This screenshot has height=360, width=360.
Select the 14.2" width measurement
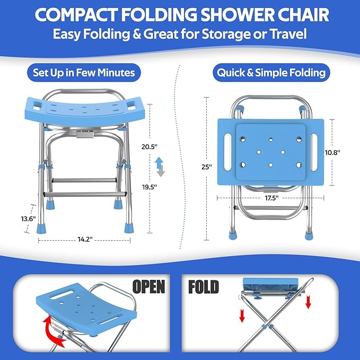[84, 239]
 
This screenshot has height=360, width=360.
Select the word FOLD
[204, 287]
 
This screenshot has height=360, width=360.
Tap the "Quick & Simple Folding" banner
[270, 72]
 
